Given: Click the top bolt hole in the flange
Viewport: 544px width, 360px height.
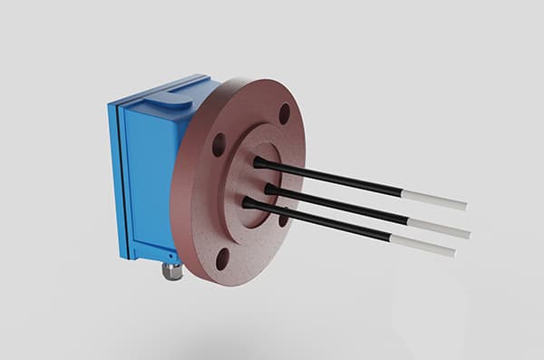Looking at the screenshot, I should pyautogui.click(x=284, y=113).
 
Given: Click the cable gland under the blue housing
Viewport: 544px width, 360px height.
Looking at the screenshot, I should pyautogui.click(x=170, y=269).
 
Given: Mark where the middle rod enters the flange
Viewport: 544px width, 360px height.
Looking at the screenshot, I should pyautogui.click(x=269, y=189).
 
